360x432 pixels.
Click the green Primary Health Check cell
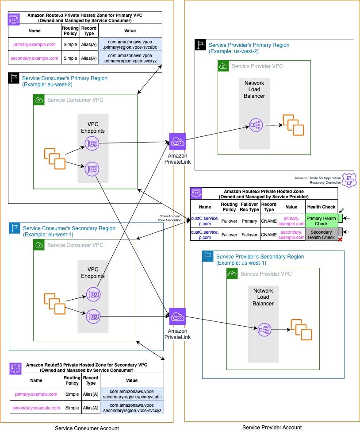[321, 221]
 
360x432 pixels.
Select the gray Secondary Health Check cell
[321, 235]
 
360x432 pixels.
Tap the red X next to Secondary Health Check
[340, 239]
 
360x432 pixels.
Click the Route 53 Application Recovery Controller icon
[350, 180]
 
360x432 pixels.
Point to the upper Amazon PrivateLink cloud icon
[177, 142]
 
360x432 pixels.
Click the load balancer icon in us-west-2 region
[256, 125]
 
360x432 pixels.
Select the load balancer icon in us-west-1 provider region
[264, 329]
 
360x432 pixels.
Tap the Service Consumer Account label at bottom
[87, 428]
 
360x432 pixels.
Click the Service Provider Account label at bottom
[272, 427]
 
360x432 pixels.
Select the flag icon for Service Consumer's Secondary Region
[15, 228]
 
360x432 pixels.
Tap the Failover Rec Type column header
[250, 207]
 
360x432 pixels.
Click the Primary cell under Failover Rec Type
[249, 221]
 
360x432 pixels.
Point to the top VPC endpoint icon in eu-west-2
[92, 143]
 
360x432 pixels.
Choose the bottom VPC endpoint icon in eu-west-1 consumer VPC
[92, 316]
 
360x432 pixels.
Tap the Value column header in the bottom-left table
[131, 380]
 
